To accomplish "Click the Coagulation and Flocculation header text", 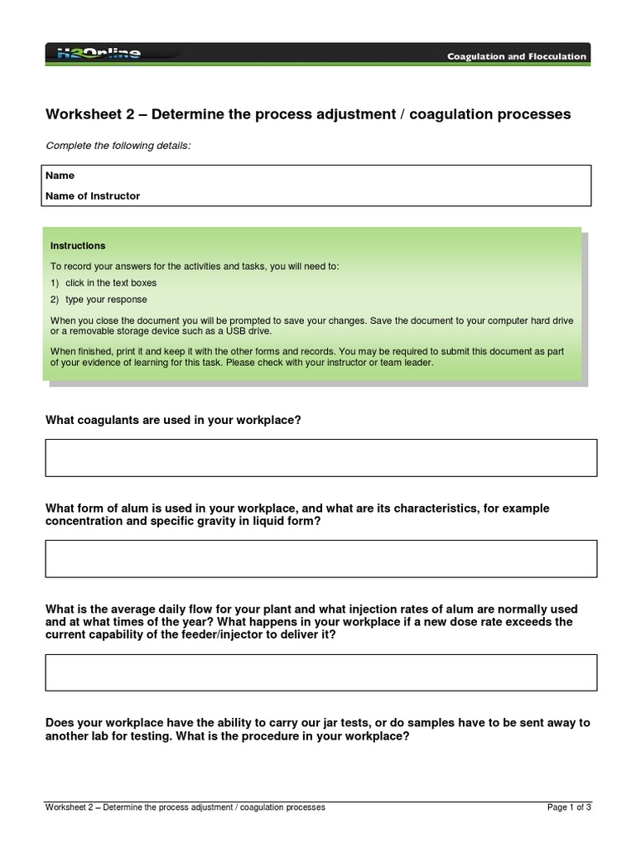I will tap(517, 56).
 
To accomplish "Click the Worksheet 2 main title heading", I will tap(308, 114).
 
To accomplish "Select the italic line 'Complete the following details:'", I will tap(118, 146).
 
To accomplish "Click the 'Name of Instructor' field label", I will tap(93, 196).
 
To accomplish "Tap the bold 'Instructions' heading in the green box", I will tap(78, 246).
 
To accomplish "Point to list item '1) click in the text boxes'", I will tap(104, 283).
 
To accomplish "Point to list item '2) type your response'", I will tap(99, 300).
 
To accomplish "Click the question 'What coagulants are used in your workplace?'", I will tap(172, 420).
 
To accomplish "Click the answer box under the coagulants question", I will tap(320, 458).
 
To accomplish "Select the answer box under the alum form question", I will tap(320, 558).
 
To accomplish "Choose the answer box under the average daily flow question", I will tap(320, 672).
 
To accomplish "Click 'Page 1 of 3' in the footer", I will tap(569, 807).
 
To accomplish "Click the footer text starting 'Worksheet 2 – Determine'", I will tap(185, 807).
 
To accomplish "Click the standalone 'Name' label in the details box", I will tap(60, 176).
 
